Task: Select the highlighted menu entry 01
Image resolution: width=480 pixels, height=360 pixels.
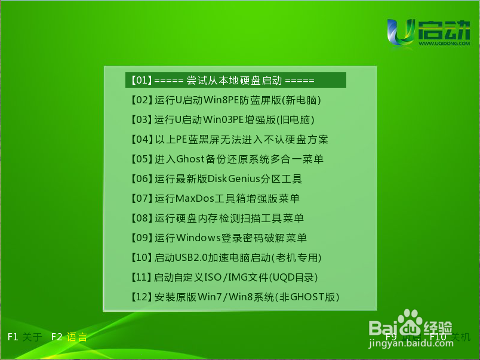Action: tap(236, 80)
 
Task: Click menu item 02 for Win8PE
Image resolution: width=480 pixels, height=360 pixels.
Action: tap(226, 100)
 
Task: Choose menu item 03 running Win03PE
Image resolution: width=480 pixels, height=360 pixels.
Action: tap(223, 119)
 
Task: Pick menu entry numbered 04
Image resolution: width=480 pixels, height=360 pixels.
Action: tap(230, 140)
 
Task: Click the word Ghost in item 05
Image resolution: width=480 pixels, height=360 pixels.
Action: tap(190, 159)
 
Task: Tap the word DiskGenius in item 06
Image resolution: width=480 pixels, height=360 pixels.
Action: tap(233, 179)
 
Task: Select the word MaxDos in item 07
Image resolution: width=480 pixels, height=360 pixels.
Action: tap(195, 198)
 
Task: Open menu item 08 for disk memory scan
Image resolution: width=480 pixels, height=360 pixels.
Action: tap(217, 219)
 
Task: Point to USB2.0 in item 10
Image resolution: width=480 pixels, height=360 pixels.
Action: tap(191, 257)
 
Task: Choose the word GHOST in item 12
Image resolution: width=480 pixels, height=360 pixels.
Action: tap(307, 297)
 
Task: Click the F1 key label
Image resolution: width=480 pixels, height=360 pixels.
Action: tap(13, 337)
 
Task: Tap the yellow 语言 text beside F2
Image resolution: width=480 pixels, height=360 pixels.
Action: tap(77, 337)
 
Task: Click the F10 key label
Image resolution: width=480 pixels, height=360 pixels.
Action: tap(438, 337)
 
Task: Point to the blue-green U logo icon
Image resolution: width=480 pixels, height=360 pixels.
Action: tap(401, 32)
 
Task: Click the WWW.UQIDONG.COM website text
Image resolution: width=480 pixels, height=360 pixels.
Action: tap(444, 44)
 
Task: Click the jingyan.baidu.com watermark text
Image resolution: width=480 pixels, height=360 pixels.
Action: tap(411, 343)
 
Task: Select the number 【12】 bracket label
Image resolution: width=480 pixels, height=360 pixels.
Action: tap(141, 297)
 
